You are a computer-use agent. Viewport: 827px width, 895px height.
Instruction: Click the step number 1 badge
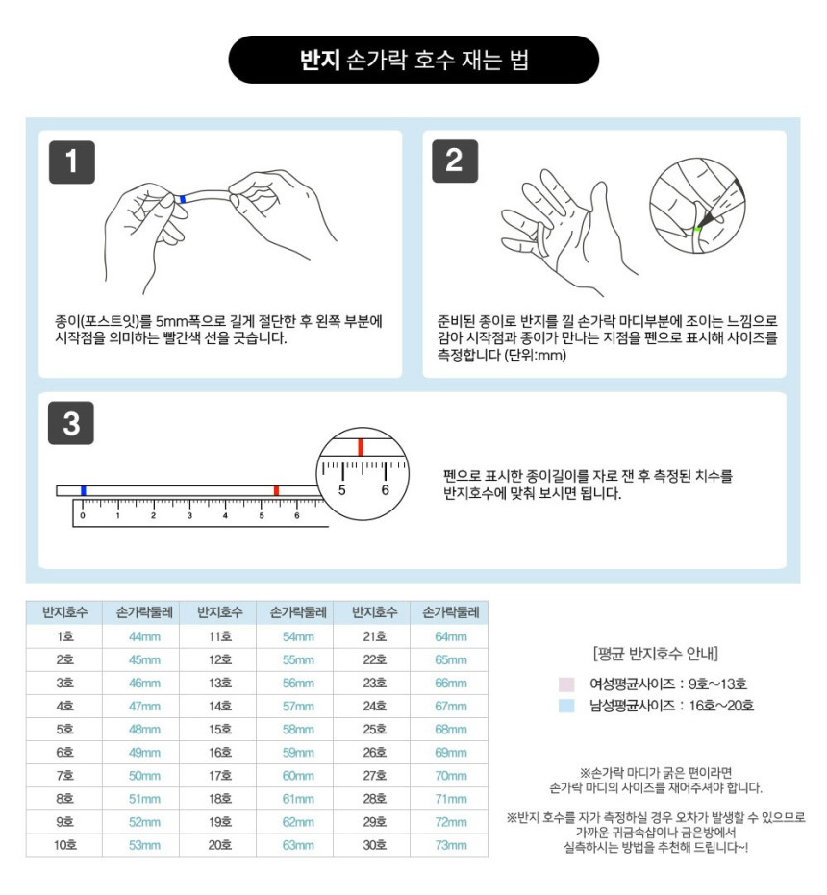(72, 162)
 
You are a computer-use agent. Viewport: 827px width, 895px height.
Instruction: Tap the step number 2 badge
(455, 161)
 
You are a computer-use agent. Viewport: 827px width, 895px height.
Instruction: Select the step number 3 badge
(71, 424)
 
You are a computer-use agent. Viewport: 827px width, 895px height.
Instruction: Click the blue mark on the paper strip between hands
(182, 199)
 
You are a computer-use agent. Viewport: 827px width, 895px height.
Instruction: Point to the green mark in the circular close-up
(697, 230)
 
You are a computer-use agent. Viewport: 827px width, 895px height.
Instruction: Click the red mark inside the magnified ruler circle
(361, 446)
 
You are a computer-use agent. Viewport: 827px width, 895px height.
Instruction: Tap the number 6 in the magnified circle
(385, 489)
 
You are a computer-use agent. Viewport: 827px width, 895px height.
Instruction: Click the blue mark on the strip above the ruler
(84, 491)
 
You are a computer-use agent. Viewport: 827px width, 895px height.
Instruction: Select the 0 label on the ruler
(83, 515)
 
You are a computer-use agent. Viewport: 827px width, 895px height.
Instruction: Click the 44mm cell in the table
(144, 636)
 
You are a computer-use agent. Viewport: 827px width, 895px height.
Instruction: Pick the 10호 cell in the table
(65, 845)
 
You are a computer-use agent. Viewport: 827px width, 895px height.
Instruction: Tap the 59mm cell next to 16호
(298, 753)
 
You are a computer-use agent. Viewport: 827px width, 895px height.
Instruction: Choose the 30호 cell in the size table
(375, 845)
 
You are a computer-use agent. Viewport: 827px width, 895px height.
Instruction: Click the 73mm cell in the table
(451, 845)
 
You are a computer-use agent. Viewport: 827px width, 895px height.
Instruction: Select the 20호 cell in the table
(220, 845)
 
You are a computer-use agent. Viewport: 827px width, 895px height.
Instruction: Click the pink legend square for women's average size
(566, 684)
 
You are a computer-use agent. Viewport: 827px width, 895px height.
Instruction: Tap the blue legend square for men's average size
(566, 706)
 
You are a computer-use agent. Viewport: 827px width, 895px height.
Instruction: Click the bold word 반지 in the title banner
(320, 60)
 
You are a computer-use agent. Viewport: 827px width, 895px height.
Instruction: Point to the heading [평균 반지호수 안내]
(656, 653)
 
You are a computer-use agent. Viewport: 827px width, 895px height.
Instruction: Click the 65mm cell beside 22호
(451, 659)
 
